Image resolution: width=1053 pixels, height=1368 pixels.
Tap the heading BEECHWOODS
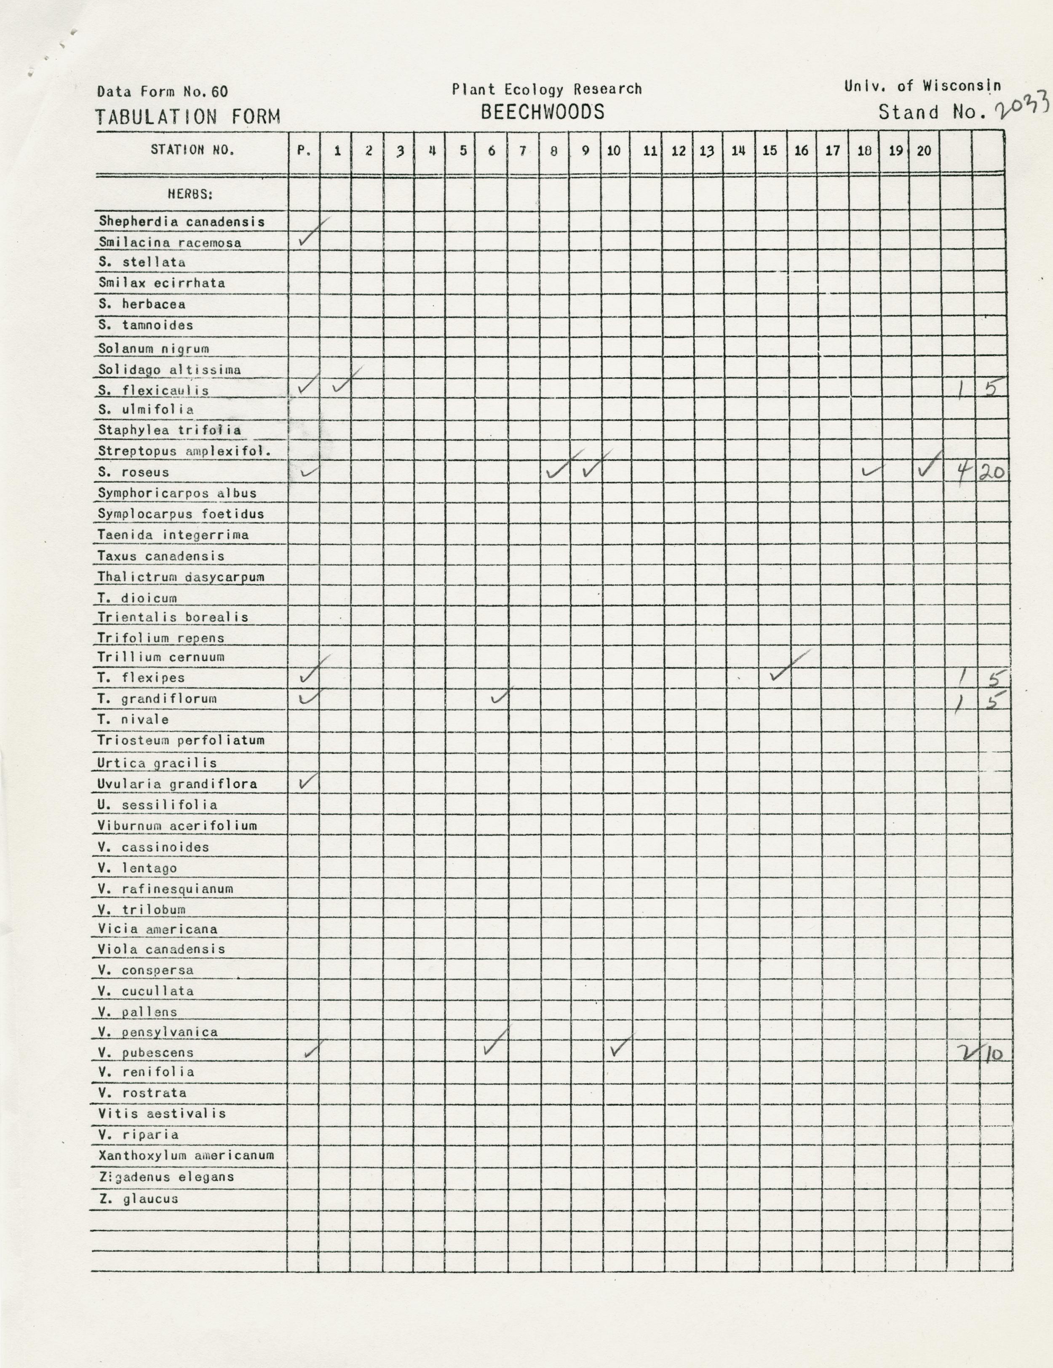pos(542,112)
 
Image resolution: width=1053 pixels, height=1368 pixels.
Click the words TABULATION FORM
pos(188,117)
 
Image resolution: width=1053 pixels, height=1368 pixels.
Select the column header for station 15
pos(770,150)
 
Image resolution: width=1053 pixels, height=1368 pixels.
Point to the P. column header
pos(304,150)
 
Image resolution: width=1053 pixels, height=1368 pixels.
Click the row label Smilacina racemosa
pos(170,242)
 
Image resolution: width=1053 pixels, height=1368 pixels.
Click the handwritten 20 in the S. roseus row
pos(991,472)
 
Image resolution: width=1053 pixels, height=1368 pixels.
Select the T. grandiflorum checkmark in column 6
pos(501,695)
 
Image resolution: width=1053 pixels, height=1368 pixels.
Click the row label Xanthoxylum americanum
pos(186,1155)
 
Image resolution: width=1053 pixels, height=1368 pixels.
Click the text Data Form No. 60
pos(162,91)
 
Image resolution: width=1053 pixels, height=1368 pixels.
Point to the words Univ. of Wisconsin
pos(922,86)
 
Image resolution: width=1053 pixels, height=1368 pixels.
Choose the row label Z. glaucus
pos(138,1199)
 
